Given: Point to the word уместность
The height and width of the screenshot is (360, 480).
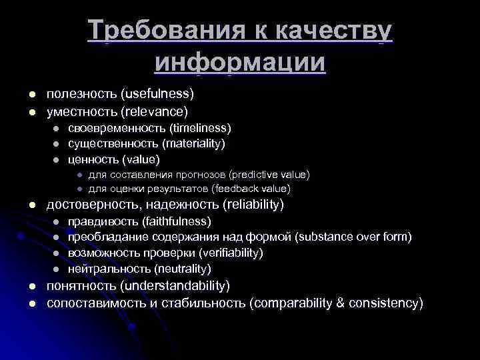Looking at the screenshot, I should pyautogui.click(x=82, y=110).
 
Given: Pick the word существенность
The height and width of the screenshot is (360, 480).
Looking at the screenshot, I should pyautogui.click(x=109, y=143).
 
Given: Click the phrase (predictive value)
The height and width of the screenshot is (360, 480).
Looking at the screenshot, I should pyautogui.click(x=269, y=175).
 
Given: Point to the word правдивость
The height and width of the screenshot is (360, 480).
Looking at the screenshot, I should pyautogui.click(x=101, y=221).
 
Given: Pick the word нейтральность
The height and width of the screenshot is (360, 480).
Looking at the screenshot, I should pyautogui.click(x=109, y=269).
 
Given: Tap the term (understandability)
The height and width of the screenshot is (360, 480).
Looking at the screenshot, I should pyautogui.click(x=175, y=286).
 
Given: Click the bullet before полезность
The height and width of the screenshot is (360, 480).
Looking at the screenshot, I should pyautogui.click(x=22, y=93).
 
